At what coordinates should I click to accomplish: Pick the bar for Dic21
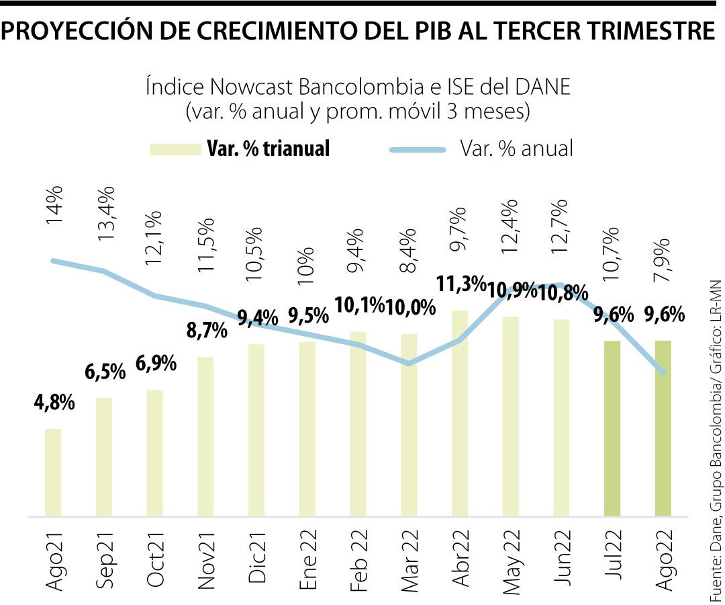pos(256,430)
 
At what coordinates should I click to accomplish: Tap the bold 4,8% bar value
pos(53,405)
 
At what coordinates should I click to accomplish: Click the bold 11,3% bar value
pos(461,284)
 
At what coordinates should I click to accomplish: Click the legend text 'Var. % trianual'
pos(268,149)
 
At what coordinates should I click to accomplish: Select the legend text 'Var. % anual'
pos(516,149)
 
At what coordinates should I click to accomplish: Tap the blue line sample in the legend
pos(418,149)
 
